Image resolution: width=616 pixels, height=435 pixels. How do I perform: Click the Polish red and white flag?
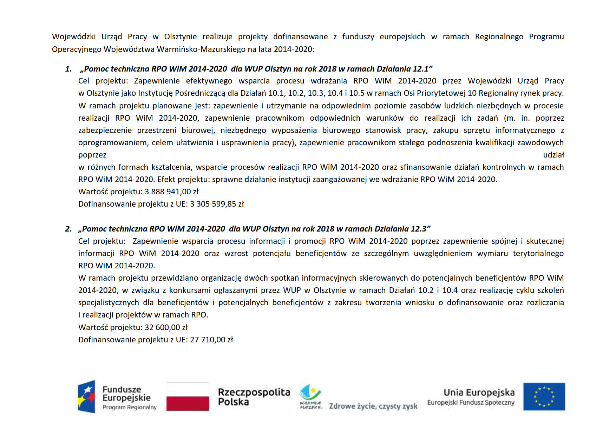[x=188, y=396]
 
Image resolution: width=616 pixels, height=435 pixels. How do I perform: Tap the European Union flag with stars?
[x=544, y=396]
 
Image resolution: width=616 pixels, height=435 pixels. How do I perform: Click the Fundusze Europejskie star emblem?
[x=86, y=396]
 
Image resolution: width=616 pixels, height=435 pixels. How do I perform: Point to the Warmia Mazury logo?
[x=310, y=397]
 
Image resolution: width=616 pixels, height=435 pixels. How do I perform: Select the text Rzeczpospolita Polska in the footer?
[x=254, y=397]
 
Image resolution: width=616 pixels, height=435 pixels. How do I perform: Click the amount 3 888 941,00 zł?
[x=172, y=192]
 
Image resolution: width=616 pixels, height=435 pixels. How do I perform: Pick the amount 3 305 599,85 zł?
[x=217, y=204]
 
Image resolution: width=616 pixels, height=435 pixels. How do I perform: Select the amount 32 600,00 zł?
[x=166, y=328]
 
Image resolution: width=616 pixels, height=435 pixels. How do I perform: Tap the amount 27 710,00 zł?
[x=211, y=340]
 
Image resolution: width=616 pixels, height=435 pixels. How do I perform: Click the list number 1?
[x=68, y=69]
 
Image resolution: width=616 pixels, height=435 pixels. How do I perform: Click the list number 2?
[x=68, y=229]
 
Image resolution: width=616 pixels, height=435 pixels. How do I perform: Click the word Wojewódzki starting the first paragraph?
[x=74, y=37]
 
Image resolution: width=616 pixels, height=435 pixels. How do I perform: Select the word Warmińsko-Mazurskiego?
[x=201, y=49]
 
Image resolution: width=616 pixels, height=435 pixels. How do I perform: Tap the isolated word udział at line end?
[x=553, y=155]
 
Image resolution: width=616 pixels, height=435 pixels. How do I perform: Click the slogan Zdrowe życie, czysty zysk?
[x=373, y=406]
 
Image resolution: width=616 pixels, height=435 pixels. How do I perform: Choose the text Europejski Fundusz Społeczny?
[x=471, y=403]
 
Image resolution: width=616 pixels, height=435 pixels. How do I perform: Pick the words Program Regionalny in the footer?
[x=129, y=407]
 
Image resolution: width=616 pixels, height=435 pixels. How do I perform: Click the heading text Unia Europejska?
[x=479, y=393]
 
